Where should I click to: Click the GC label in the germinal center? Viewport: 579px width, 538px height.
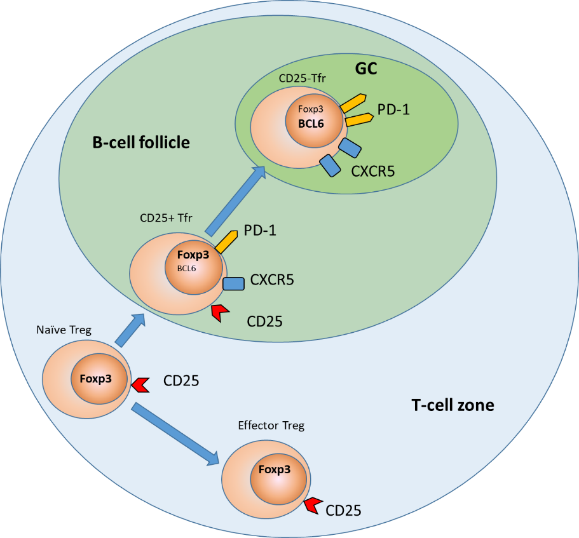[365, 69]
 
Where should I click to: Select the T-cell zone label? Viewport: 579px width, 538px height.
[451, 405]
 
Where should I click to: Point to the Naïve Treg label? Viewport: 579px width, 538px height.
[65, 330]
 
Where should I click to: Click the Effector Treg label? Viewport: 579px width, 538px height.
[271, 426]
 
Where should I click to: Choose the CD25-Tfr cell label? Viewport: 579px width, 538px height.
[303, 79]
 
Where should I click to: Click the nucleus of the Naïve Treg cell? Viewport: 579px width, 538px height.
[99, 379]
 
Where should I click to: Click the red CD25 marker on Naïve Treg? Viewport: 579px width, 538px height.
[140, 384]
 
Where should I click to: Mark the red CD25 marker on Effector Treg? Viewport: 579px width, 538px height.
[313, 505]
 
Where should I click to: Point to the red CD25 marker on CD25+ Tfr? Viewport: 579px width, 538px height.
[220, 312]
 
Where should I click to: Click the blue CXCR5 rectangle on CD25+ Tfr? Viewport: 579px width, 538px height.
[233, 283]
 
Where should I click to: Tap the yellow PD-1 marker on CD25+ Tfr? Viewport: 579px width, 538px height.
[226, 241]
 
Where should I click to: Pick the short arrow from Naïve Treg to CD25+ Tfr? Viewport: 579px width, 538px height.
[130, 330]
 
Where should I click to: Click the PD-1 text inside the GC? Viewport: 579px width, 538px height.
[394, 109]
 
